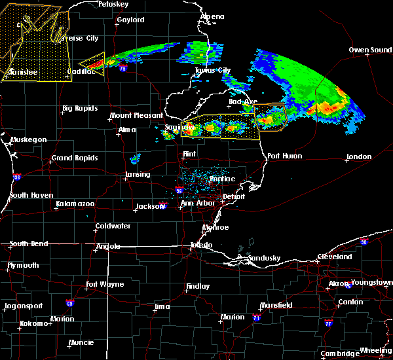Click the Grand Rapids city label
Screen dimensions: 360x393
click(75, 158)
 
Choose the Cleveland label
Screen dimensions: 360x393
click(334, 257)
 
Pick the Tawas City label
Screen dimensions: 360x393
click(213, 71)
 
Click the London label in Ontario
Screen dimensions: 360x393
click(360, 156)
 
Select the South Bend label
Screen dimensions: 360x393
click(29, 244)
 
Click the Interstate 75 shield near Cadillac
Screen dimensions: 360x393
click(122, 67)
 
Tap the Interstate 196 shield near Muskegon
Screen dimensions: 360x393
click(16, 177)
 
